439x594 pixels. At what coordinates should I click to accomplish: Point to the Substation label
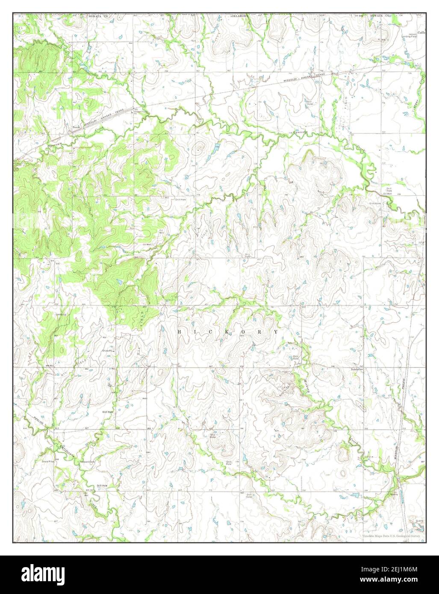(357, 369)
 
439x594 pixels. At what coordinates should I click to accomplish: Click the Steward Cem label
(85, 462)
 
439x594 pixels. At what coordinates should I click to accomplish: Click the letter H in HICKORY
(179, 332)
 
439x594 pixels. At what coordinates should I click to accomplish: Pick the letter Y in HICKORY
(276, 332)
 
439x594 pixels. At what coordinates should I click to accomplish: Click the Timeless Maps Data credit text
(391, 535)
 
